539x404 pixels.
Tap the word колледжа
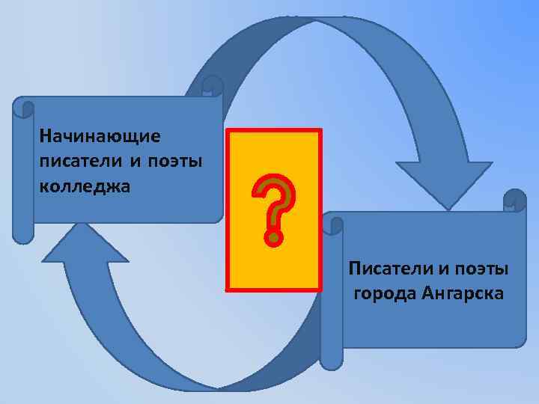(85, 186)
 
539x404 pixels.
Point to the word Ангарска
(463, 293)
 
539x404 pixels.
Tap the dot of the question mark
(275, 239)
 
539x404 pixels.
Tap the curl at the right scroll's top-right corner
(515, 200)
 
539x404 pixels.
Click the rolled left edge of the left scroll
(23, 172)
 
